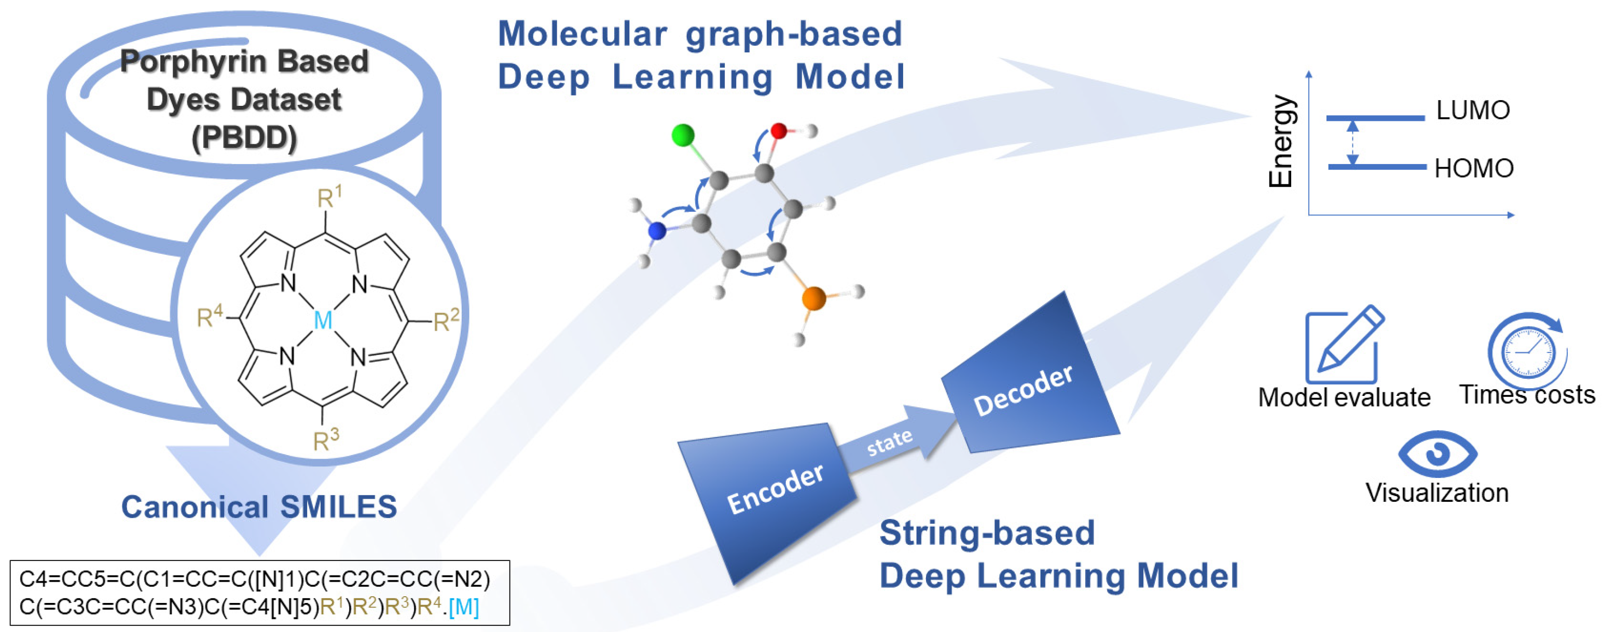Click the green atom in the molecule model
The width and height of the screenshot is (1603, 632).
click(683, 135)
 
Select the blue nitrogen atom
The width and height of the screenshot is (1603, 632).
click(657, 231)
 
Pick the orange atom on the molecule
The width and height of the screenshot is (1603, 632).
click(813, 298)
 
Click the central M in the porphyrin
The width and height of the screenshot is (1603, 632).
click(323, 320)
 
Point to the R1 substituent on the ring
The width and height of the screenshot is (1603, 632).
click(329, 197)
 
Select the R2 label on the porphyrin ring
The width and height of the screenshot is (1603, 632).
click(446, 320)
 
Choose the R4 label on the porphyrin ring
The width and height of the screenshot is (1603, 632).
click(209, 317)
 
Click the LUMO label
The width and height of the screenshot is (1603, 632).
click(1472, 110)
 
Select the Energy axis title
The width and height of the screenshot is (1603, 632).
click(1282, 141)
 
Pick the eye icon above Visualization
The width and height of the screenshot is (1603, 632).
click(1438, 454)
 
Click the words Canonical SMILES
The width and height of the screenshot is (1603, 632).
click(259, 507)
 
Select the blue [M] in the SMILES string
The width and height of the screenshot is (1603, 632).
click(464, 607)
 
